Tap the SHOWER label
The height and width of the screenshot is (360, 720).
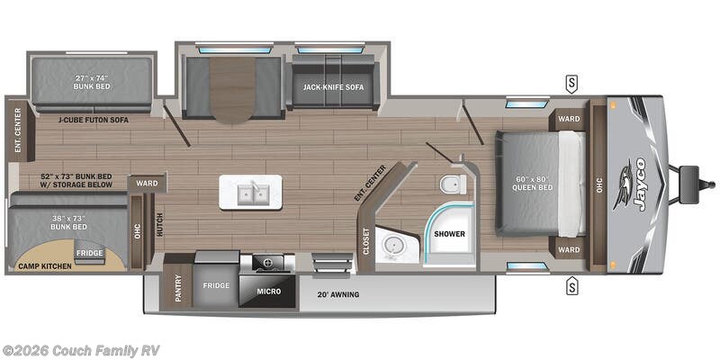tap(449, 232)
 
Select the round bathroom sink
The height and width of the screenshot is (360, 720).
tap(392, 245)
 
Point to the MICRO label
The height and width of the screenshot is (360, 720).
tap(267, 292)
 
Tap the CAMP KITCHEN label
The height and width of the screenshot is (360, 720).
tap(42, 267)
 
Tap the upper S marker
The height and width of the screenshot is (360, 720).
tap(571, 85)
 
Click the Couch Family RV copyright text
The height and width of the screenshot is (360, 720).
tap(80, 350)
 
